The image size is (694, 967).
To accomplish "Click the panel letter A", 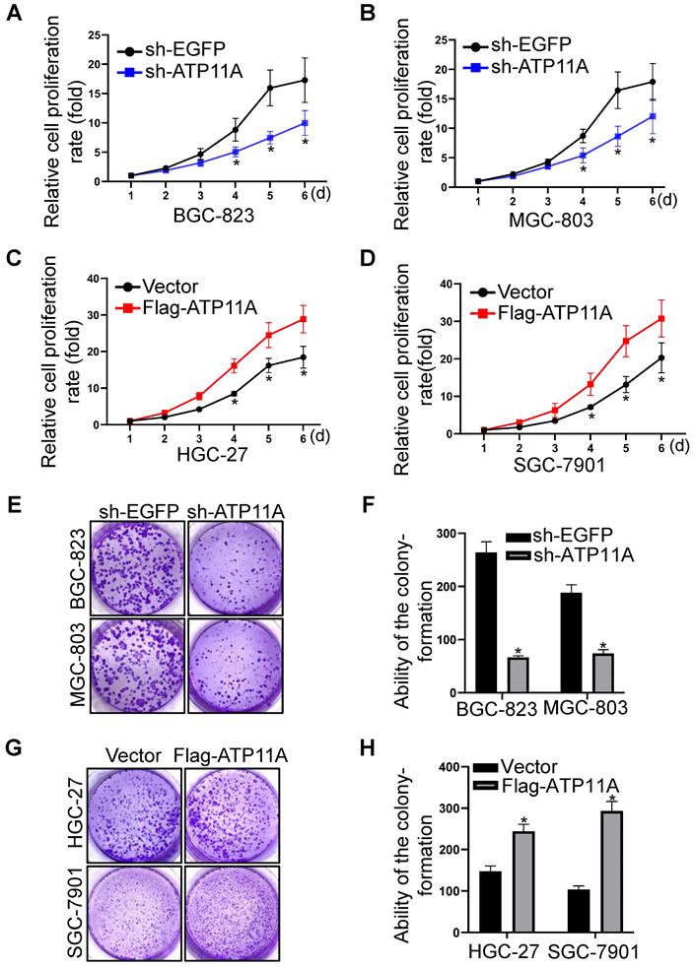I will [14, 15].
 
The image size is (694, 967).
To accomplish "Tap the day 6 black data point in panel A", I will [305, 80].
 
